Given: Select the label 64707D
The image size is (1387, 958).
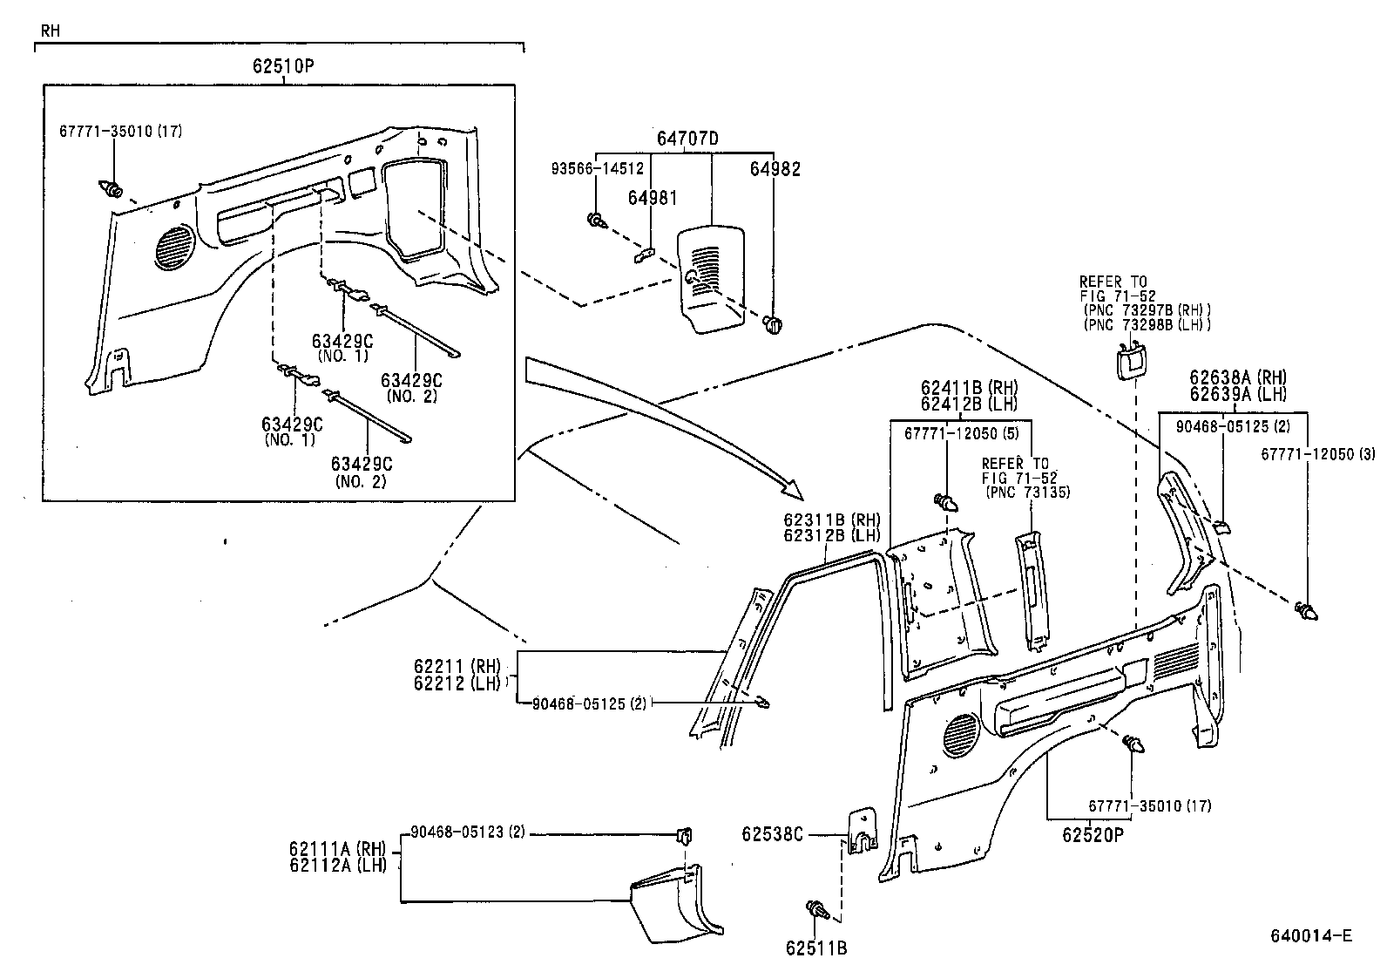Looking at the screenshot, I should [x=687, y=138].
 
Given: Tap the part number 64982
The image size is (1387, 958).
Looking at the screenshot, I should [x=775, y=169].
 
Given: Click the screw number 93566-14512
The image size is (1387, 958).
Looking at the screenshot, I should [x=598, y=169].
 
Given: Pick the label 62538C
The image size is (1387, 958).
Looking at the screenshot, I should [x=772, y=834].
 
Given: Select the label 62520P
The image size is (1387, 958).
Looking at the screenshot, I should [x=1093, y=834].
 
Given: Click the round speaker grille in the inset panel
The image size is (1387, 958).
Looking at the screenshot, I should [x=176, y=245].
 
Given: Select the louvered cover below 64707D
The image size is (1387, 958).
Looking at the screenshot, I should [x=712, y=277].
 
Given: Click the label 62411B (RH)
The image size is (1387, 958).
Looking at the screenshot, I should [x=968, y=387].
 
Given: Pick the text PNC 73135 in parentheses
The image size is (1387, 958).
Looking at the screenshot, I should [x=1027, y=493].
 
